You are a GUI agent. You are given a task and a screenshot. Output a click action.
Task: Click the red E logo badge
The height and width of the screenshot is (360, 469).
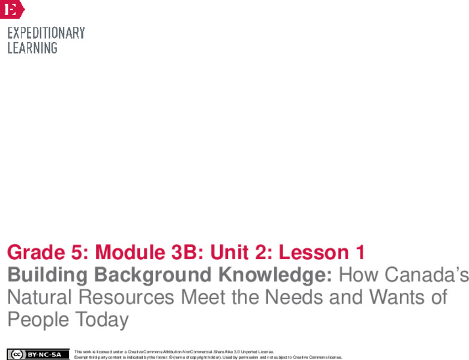coord(11,9)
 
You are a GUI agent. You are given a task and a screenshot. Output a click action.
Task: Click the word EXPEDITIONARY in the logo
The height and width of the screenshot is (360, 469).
coord(46,33)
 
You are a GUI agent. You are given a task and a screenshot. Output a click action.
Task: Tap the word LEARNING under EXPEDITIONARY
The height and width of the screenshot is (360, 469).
coord(32,48)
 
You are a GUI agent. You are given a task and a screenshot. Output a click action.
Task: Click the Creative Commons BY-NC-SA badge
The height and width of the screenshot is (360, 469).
coord(38,354)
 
